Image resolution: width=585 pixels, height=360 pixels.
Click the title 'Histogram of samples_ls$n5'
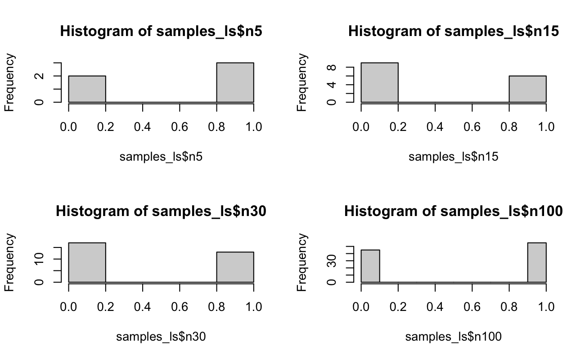[x=161, y=32]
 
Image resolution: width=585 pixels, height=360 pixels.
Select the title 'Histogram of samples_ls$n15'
[x=453, y=32]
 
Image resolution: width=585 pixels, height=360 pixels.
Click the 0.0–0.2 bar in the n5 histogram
[x=87, y=89]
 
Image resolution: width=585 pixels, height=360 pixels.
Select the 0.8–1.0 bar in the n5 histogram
[x=235, y=83]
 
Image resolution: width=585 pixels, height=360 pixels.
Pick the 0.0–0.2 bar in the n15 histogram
[x=379, y=83]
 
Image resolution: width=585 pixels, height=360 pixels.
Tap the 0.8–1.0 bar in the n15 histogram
[x=527, y=89]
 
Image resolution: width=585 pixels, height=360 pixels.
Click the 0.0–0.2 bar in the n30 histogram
[x=87, y=263]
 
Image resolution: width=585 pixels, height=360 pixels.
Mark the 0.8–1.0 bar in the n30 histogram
[x=235, y=267]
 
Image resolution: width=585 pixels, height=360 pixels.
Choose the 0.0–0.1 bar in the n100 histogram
[x=370, y=266]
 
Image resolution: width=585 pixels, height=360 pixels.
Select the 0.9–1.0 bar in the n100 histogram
[x=537, y=263]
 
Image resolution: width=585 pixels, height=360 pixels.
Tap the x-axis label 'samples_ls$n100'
[x=453, y=336]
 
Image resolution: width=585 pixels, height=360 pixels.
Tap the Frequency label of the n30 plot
[x=11, y=263]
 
